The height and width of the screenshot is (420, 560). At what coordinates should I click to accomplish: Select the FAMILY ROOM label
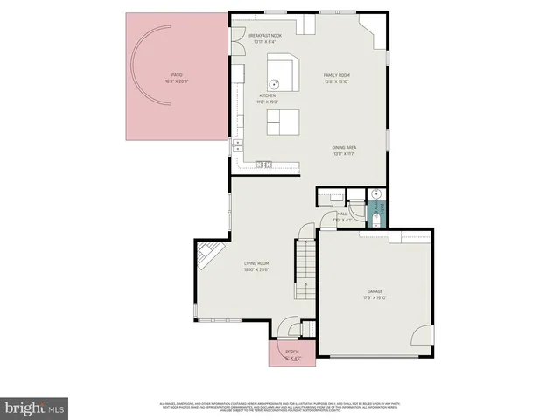[x=337, y=78]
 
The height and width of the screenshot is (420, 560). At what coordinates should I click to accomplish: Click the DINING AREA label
[x=343, y=150]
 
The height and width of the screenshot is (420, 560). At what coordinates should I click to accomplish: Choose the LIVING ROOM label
[x=256, y=266]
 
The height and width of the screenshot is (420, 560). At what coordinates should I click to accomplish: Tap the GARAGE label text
[x=374, y=295]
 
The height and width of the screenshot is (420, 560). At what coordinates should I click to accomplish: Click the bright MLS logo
[x=35, y=407]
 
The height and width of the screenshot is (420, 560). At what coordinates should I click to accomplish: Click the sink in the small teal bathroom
[x=377, y=195]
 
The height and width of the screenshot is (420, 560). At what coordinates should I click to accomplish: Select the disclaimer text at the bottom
[x=280, y=406]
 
